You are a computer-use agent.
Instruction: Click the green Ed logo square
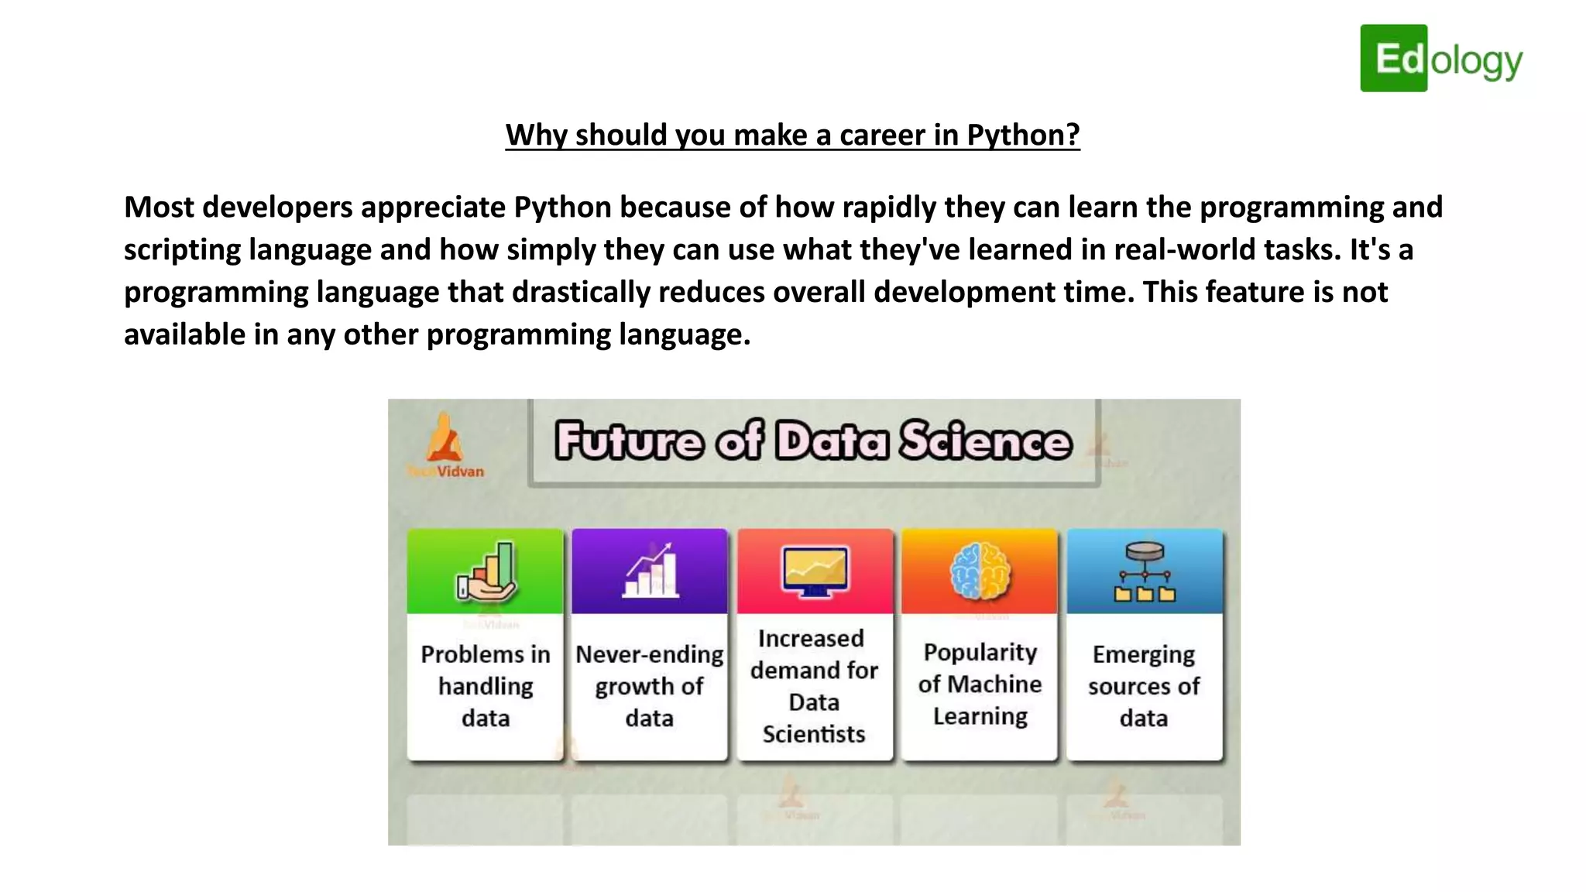[1393, 58]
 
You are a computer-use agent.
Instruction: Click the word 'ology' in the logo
[1476, 61]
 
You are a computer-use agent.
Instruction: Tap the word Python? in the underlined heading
[1023, 135]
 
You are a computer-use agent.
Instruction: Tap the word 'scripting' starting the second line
[182, 250]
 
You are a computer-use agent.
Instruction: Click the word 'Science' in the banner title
[985, 441]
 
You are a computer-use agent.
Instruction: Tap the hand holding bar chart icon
[486, 572]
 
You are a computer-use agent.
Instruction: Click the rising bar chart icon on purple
[651, 571]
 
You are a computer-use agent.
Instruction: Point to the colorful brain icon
[980, 571]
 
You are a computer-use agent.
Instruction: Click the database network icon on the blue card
[1145, 572]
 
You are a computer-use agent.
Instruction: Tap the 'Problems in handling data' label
[486, 686]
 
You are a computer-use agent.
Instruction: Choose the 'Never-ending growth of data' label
[650, 686]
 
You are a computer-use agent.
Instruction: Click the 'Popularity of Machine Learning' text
[980, 684]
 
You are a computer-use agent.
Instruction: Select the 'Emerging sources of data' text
[1144, 686]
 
